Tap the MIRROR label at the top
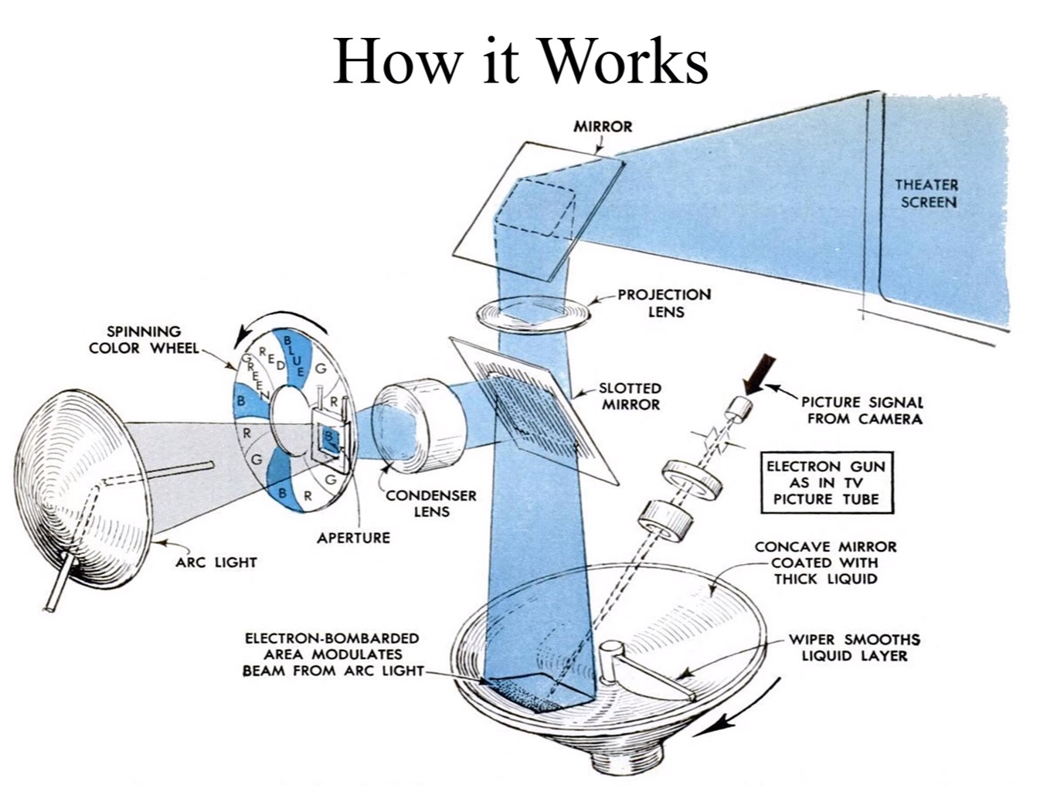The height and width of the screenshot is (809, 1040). point(602,126)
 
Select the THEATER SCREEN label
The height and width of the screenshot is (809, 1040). point(926,193)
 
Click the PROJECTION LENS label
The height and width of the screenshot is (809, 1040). point(664,303)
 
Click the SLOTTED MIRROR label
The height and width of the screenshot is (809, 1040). point(630,396)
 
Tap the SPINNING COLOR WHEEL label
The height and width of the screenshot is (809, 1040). point(144,340)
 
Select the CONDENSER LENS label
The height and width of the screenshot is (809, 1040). point(431,503)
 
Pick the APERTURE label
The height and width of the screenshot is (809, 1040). point(353,538)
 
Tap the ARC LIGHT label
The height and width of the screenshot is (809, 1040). point(216,563)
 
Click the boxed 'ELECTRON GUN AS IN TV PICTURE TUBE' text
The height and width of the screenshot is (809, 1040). point(826,483)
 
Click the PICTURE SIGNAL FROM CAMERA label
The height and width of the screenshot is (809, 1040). point(862,410)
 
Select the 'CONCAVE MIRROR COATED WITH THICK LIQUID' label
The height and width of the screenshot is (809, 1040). point(825,563)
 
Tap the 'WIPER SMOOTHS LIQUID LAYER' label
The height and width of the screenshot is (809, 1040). point(854,648)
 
